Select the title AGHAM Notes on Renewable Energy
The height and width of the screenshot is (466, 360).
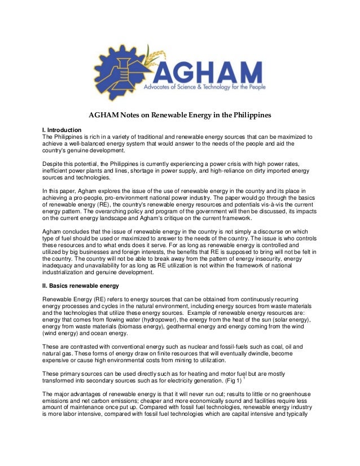(179, 116)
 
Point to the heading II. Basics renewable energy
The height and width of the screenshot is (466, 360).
(81, 285)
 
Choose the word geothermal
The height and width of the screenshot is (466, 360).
(151, 326)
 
